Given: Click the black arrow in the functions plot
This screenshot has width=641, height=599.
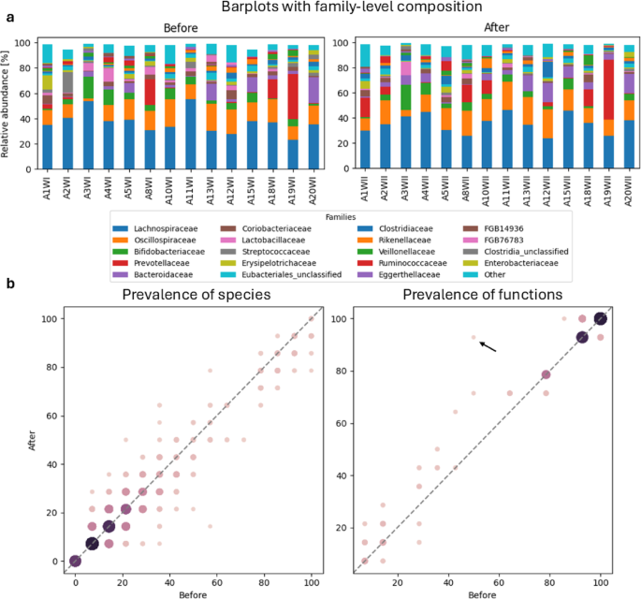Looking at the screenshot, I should (488, 345).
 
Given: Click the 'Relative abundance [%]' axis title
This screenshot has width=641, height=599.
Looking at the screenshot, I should (7, 97).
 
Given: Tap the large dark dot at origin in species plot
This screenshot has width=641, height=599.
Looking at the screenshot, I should (75, 561).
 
